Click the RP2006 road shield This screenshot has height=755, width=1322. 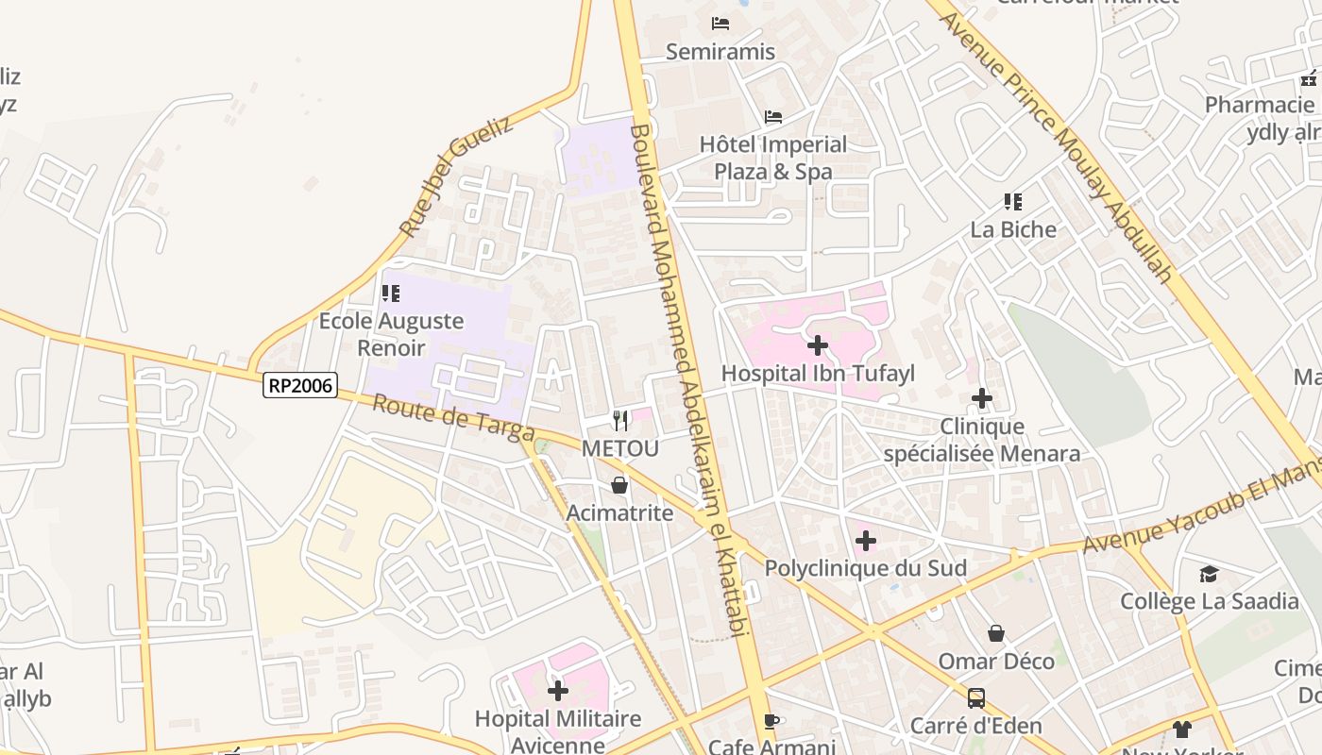pos(300,385)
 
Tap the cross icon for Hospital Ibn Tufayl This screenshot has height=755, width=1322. pos(818,345)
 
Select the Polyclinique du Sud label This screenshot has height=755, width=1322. pos(865,568)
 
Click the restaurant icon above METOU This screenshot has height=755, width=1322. pos(620,420)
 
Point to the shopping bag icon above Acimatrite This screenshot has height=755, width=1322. pos(619,486)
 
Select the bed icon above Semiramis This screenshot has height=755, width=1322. pos(720,24)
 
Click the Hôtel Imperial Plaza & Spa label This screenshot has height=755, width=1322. pos(773,158)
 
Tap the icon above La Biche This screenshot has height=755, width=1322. pos(1013,201)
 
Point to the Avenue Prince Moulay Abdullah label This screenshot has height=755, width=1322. pos(1056,142)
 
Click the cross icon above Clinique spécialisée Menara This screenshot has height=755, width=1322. pos(982,399)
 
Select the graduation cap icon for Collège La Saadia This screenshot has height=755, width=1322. pos(1209,574)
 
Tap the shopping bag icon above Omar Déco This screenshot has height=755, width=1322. pos(995,633)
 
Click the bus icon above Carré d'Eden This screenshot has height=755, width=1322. pos(976,698)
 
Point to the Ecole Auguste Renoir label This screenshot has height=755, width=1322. pos(391,334)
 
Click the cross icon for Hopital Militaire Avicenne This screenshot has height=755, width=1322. pos(558,691)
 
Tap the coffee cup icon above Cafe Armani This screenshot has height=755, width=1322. pos(771,721)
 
